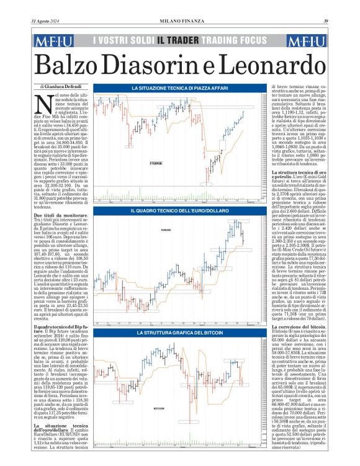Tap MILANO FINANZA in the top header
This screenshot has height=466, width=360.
[182, 22]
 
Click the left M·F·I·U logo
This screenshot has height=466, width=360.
[54, 41]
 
